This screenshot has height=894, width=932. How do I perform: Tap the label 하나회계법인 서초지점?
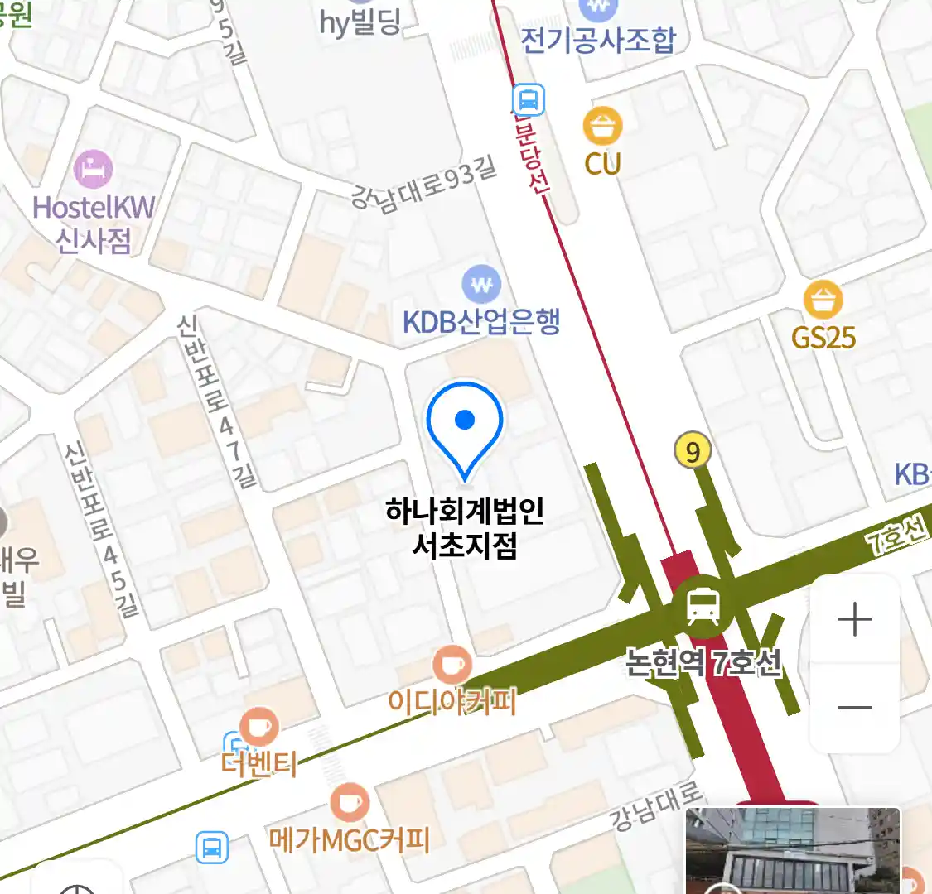[465, 527]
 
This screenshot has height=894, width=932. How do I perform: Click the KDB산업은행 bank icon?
[481, 286]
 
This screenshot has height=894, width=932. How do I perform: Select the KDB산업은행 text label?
[481, 321]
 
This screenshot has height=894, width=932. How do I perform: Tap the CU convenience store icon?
[602, 127]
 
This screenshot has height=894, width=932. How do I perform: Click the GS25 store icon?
[823, 300]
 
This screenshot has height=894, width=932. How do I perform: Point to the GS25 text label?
[823, 338]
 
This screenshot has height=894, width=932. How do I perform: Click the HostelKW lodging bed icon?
[93, 170]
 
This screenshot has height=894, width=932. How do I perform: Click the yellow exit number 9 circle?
[693, 451]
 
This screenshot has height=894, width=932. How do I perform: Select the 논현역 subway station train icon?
[703, 607]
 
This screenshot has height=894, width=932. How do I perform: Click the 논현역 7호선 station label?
[703, 663]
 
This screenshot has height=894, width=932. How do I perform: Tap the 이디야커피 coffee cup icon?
[452, 665]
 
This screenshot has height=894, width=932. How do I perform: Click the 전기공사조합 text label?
[598, 40]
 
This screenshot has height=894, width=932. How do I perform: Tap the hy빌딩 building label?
[360, 22]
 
